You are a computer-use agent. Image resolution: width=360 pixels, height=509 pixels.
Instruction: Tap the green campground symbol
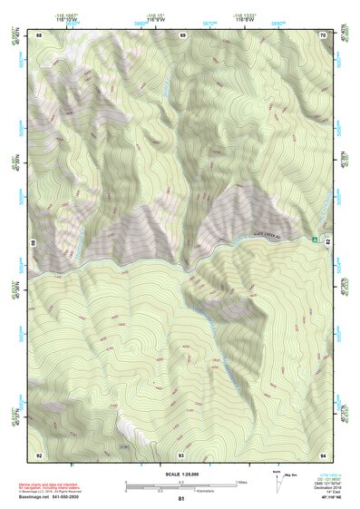coord(315,240)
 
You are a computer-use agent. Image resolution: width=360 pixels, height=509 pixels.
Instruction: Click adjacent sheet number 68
coord(39,35)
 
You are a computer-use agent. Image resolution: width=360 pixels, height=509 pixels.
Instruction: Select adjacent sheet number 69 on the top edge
coord(182,35)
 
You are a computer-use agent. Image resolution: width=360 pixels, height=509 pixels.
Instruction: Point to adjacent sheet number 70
coord(323,35)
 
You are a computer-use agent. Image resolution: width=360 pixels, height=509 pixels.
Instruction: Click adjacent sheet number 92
coord(39,454)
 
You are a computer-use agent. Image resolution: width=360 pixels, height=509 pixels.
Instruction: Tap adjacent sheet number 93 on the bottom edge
coord(181,454)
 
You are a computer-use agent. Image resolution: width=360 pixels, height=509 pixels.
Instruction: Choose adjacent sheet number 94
coord(323,454)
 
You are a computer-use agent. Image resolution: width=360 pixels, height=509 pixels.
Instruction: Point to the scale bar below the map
coord(181,485)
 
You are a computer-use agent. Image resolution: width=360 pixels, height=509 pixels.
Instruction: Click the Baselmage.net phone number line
coord(50,496)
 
